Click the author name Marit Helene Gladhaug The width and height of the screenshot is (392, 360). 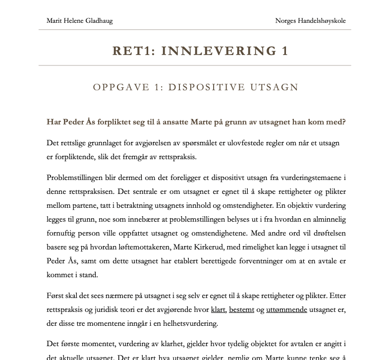pos(79,21)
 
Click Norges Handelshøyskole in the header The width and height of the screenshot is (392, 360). pos(310,21)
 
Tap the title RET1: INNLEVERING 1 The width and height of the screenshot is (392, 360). pos(200,51)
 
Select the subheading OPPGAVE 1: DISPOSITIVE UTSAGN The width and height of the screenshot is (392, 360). pos(196,88)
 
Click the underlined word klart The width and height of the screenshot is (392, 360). pos(218,309)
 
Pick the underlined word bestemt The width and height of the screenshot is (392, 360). pos(241,309)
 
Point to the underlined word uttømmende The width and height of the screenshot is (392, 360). pos(286,309)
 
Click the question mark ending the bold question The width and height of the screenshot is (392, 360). pos(343,122)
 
